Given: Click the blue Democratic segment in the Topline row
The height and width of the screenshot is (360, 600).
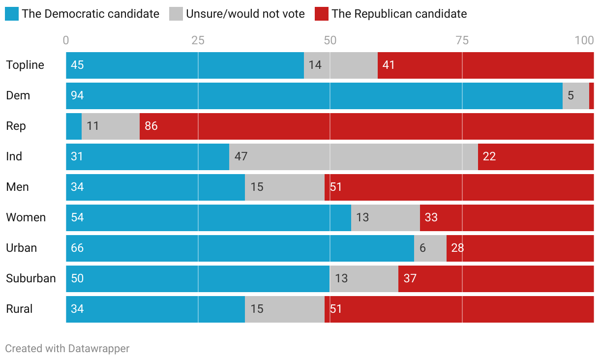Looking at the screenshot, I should coord(185,65).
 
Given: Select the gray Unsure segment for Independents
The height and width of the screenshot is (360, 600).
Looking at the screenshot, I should coord(353,157).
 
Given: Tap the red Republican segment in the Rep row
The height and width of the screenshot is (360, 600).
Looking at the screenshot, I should coord(366,126).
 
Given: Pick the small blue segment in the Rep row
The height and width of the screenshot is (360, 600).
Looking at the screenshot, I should coord(74,126).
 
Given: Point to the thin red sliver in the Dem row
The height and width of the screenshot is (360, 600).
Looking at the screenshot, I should coord(591,96).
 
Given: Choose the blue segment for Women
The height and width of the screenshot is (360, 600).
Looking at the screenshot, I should coord(209,218).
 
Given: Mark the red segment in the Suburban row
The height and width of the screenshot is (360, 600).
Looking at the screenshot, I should coord(496,279).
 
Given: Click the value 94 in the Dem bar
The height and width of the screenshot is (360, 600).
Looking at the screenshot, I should coord(77,96).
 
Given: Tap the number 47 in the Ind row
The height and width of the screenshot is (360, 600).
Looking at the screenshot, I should coord(241,157).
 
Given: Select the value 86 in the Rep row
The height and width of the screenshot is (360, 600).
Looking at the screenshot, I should coord(151,126).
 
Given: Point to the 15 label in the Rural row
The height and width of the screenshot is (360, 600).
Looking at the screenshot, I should coord(257,309).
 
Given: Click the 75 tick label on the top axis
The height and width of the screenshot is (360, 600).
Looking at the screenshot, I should coord(462,41).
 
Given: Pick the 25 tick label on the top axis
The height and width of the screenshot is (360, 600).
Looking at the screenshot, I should coord(198,41).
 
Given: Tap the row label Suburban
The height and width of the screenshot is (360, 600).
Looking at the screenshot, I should coord(30,279).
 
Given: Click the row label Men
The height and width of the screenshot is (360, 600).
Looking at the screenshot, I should coord(17,187).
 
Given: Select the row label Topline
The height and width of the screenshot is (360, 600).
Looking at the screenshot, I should coord(25,65).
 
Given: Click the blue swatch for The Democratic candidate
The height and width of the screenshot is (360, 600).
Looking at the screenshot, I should coord(12,14).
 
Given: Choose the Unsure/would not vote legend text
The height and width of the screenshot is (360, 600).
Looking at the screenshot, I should coord(245,14).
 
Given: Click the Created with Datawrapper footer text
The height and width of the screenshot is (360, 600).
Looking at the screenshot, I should coord(67,349).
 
